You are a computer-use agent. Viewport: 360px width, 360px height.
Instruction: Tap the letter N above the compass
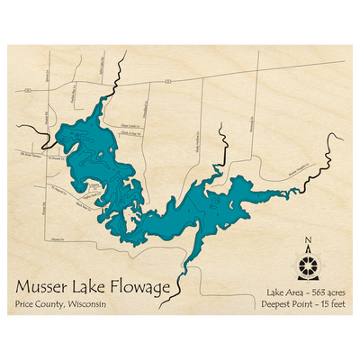click(309, 240)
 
